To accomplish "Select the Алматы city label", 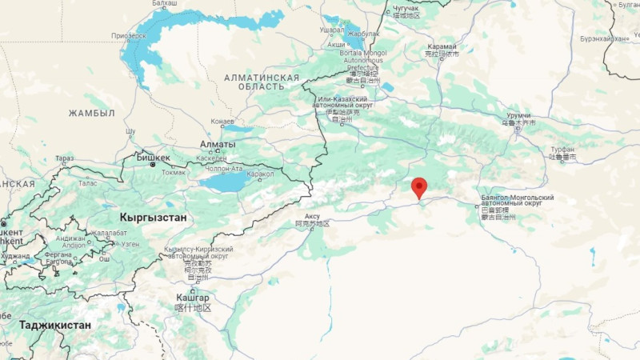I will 217,144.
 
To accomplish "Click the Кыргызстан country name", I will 153,217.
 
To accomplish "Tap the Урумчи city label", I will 518,115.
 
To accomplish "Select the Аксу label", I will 312,216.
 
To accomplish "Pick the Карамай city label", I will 442,46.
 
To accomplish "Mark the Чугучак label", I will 406,8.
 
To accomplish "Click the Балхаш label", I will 165,3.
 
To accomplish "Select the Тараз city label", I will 65,158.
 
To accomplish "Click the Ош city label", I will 104,258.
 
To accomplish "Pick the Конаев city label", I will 222,121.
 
